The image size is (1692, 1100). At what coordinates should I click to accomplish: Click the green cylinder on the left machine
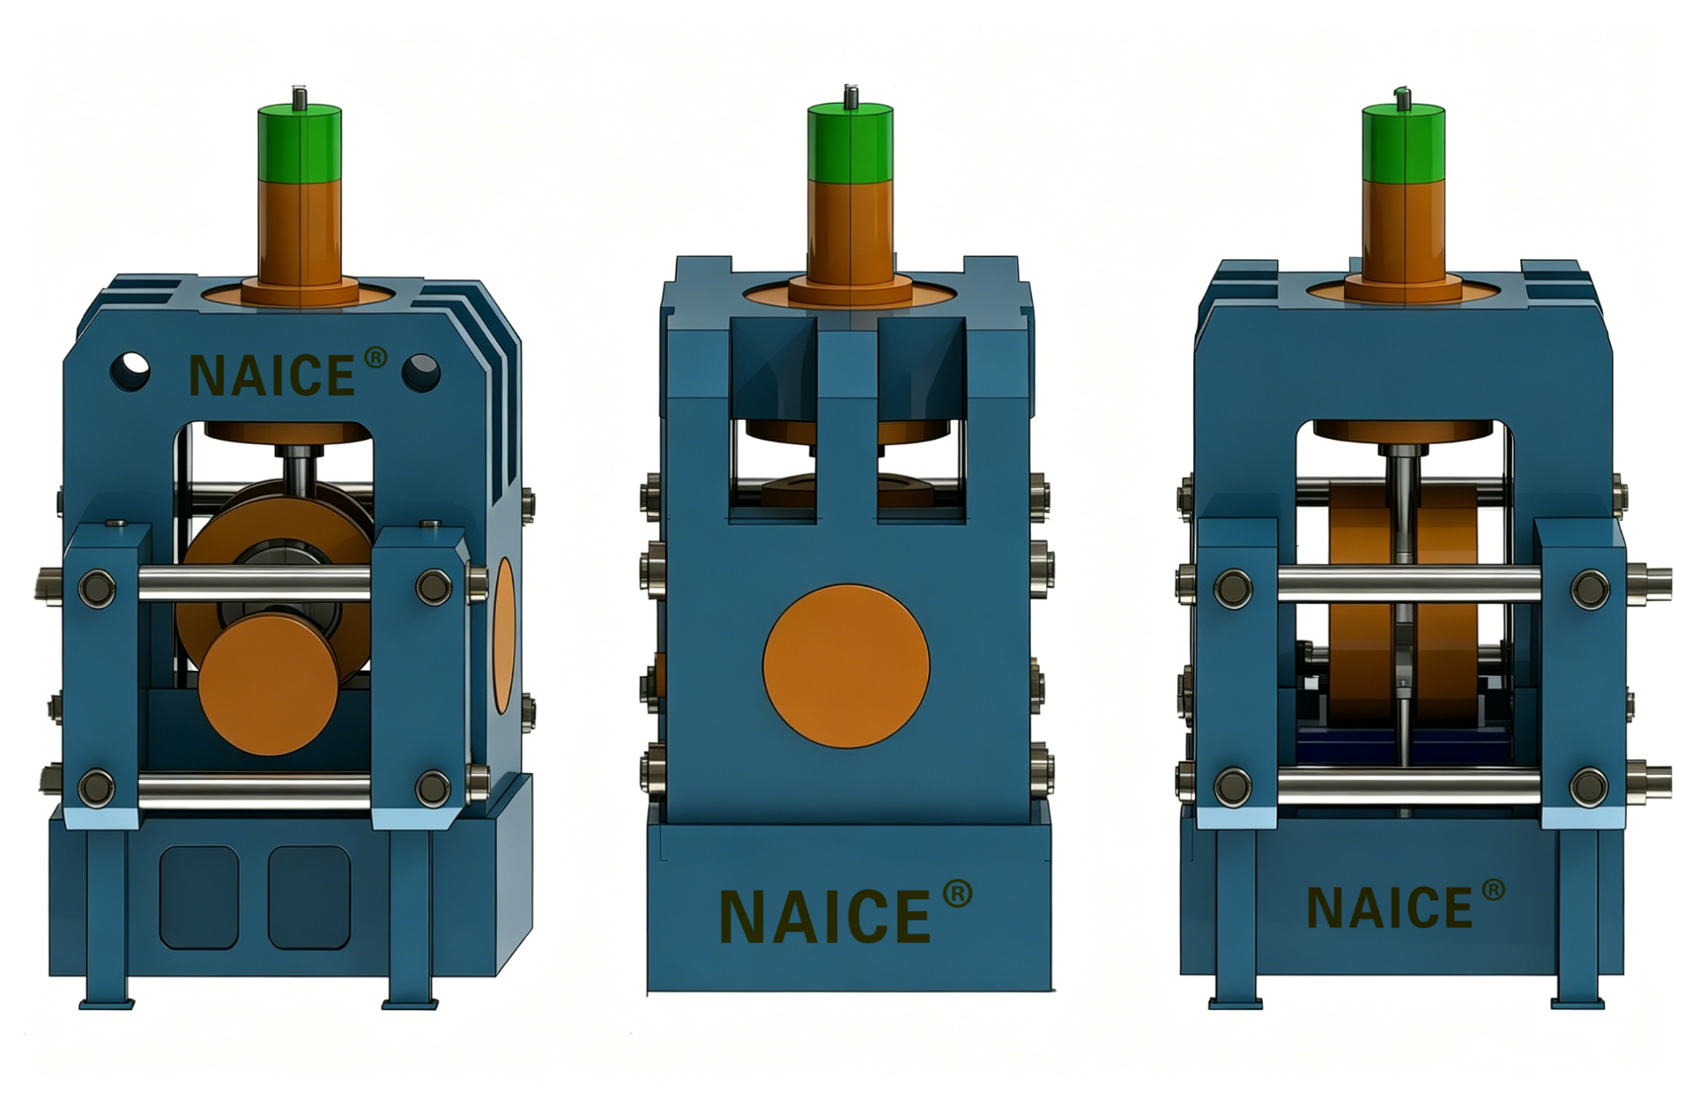click(x=300, y=143)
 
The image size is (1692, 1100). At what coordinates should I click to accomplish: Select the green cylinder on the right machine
click(x=1403, y=144)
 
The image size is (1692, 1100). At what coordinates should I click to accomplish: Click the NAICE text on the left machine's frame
click(x=272, y=375)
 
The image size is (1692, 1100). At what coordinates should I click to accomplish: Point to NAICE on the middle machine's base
click(x=825, y=917)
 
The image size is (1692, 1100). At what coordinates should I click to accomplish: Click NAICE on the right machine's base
click(x=1390, y=908)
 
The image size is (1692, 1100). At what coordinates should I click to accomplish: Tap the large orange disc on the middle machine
click(x=846, y=666)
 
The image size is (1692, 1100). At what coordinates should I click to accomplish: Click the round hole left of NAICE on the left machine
click(x=130, y=371)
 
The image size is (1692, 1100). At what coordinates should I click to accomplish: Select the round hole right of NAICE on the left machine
click(x=421, y=373)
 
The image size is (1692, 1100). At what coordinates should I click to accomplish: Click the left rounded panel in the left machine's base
click(x=199, y=897)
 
